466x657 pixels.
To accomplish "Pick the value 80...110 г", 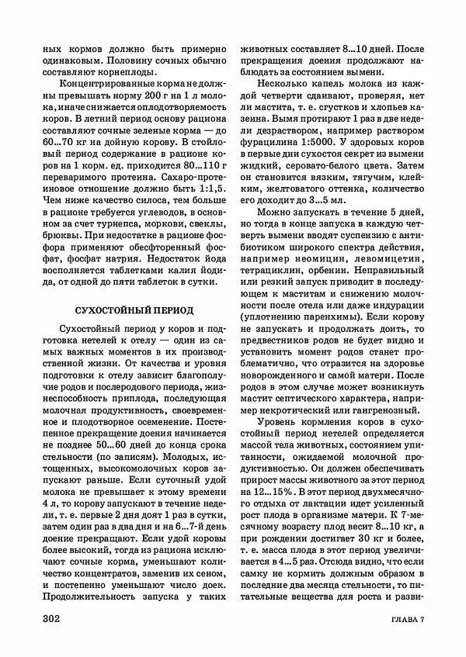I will tap(198, 164).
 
